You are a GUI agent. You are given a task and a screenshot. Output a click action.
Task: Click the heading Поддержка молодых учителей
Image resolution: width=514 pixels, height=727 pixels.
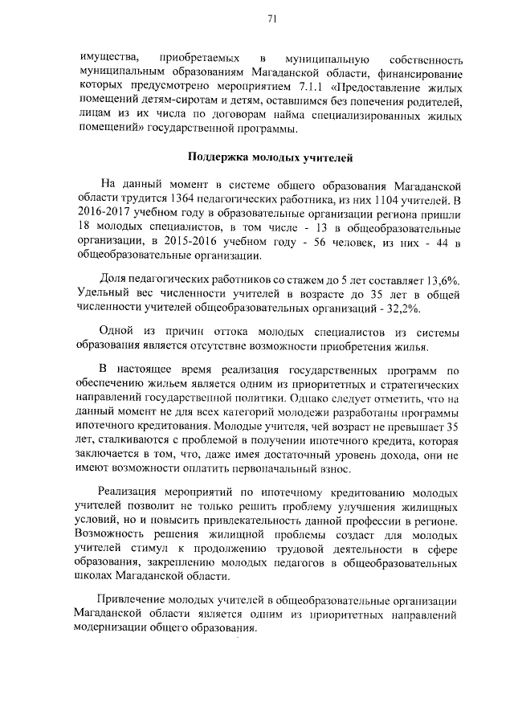point(260,157)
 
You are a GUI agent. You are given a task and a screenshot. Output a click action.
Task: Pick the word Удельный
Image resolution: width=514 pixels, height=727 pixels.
point(102,293)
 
